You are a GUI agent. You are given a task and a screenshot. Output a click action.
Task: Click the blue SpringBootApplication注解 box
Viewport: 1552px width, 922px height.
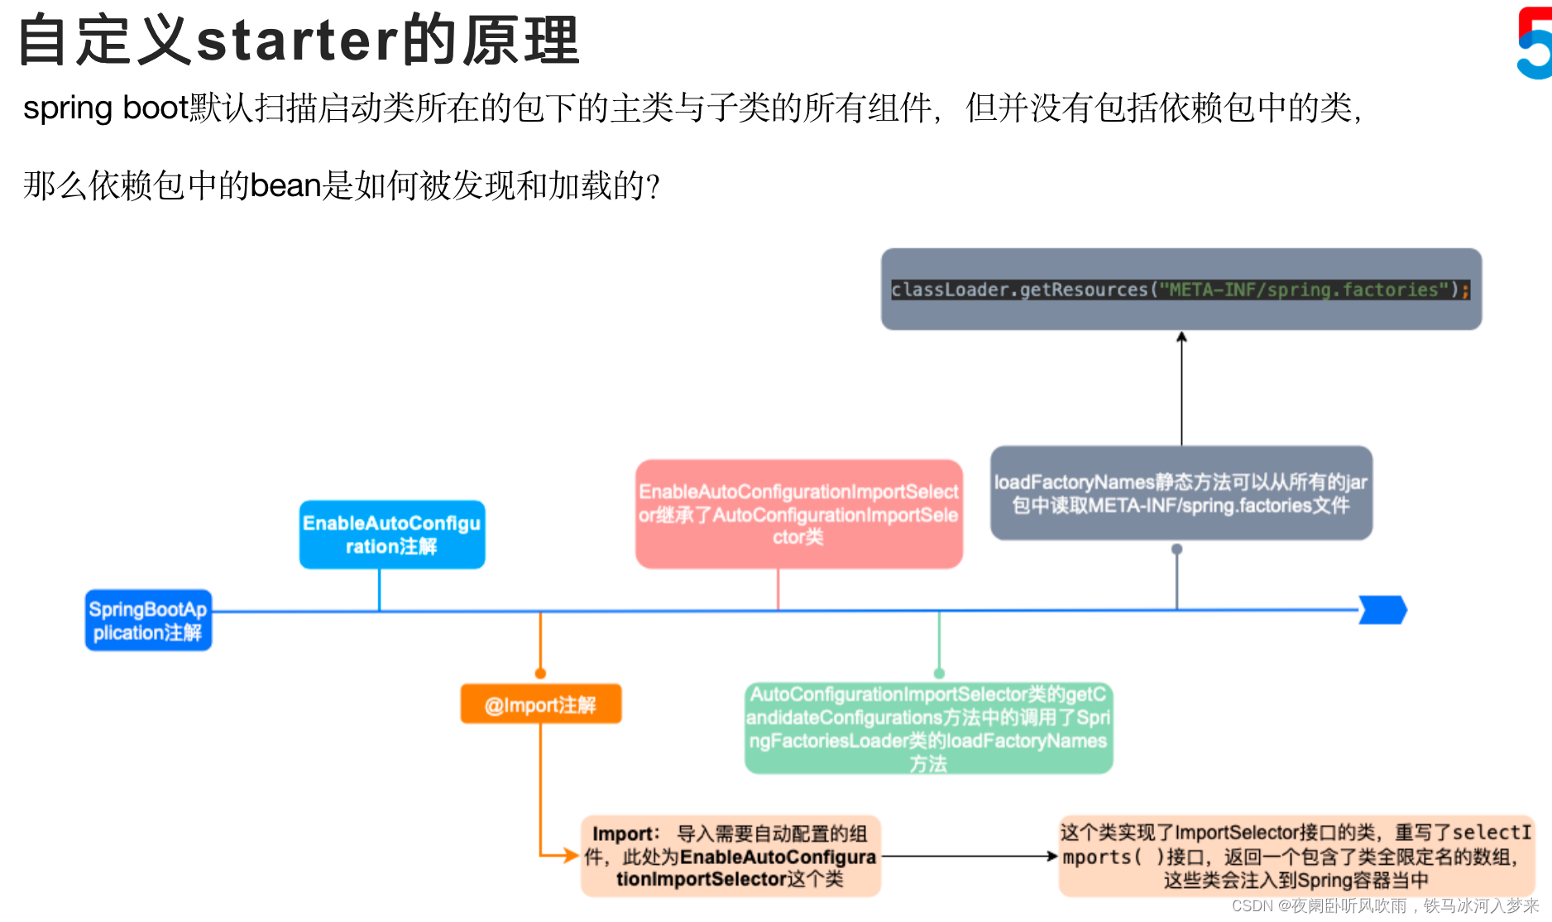[149, 621]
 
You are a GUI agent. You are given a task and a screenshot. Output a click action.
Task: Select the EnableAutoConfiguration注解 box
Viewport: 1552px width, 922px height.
[392, 535]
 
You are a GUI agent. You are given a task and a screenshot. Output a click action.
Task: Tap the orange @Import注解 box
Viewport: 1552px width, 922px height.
[541, 704]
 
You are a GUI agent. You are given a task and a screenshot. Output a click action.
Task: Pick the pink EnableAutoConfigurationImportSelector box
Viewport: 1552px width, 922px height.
[798, 514]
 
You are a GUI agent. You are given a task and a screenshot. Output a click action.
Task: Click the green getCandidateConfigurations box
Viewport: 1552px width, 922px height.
[928, 728]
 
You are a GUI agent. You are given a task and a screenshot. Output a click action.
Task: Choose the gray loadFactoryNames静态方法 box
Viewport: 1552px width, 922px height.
[1181, 493]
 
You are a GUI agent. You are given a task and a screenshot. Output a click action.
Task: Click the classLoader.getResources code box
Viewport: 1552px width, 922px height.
[1181, 290]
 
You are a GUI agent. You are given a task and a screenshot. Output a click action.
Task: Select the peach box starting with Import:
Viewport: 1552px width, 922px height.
[730, 856]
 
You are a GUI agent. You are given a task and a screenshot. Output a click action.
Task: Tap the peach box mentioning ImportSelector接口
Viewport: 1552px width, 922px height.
[1296, 856]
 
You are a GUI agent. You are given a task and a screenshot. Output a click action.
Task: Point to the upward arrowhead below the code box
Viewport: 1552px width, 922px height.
[1181, 337]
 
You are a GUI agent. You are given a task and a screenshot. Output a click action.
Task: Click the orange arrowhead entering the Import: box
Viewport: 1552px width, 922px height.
[570, 856]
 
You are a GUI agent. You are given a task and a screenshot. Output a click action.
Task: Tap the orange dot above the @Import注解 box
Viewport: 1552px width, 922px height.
[540, 674]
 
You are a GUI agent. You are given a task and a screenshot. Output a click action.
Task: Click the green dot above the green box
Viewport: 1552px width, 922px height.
[939, 674]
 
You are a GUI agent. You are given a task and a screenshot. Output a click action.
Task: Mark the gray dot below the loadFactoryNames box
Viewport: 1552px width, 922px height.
[1177, 550]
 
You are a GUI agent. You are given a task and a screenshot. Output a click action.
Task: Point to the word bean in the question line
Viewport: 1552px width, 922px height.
[285, 185]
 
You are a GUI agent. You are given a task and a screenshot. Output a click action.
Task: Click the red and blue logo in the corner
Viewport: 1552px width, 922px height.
[1535, 43]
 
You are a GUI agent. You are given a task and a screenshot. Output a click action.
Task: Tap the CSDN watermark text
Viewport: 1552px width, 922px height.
[1385, 906]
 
